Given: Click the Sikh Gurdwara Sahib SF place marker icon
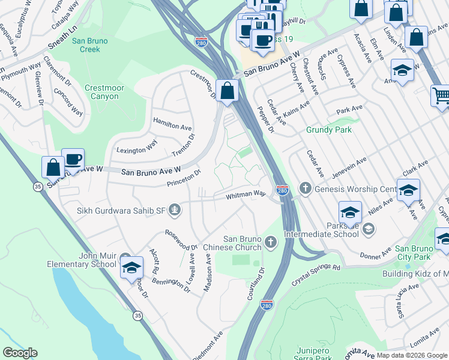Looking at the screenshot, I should click(175, 209).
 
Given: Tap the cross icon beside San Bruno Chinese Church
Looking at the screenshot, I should click(271, 242).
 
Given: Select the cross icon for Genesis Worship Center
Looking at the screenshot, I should click(305, 189).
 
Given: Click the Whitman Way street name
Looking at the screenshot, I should click(246, 195).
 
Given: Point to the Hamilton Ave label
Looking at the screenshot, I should click(172, 126).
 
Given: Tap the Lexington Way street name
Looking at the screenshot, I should click(136, 148).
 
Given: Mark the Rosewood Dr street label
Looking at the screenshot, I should click(181, 239).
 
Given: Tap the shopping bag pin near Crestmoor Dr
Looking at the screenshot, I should click(228, 91).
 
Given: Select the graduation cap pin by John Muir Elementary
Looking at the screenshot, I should click(131, 267).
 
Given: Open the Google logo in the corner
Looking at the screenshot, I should click(20, 352).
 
